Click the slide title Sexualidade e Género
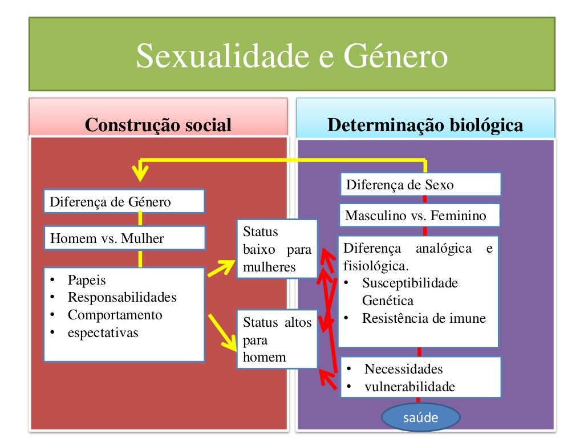click(291, 58)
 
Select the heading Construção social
click(158, 125)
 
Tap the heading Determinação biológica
click(425, 125)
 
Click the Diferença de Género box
click(124, 202)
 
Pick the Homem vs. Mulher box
click(124, 238)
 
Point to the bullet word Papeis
click(87, 280)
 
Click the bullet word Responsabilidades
click(122, 297)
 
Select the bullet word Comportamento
click(115, 315)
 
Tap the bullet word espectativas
click(103, 332)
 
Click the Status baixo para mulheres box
click(277, 249)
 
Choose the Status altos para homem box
click(277, 340)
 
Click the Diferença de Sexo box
click(420, 185)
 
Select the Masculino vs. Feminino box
click(420, 216)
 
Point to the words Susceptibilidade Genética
click(409, 291)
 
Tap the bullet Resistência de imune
click(424, 318)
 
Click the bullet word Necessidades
click(403, 369)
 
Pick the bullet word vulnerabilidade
click(409, 387)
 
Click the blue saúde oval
click(420, 417)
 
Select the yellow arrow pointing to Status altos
click(223, 332)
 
